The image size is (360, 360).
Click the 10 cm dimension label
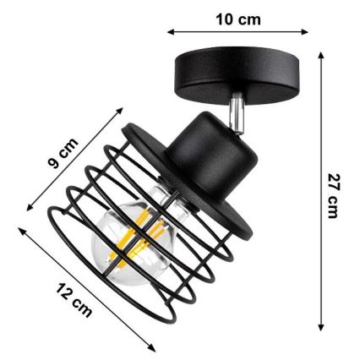click(x=239, y=18)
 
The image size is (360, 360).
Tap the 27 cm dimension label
click(x=335, y=194)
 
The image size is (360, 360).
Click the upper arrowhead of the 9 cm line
click(x=123, y=106)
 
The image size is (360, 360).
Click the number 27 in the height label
click(x=335, y=182)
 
